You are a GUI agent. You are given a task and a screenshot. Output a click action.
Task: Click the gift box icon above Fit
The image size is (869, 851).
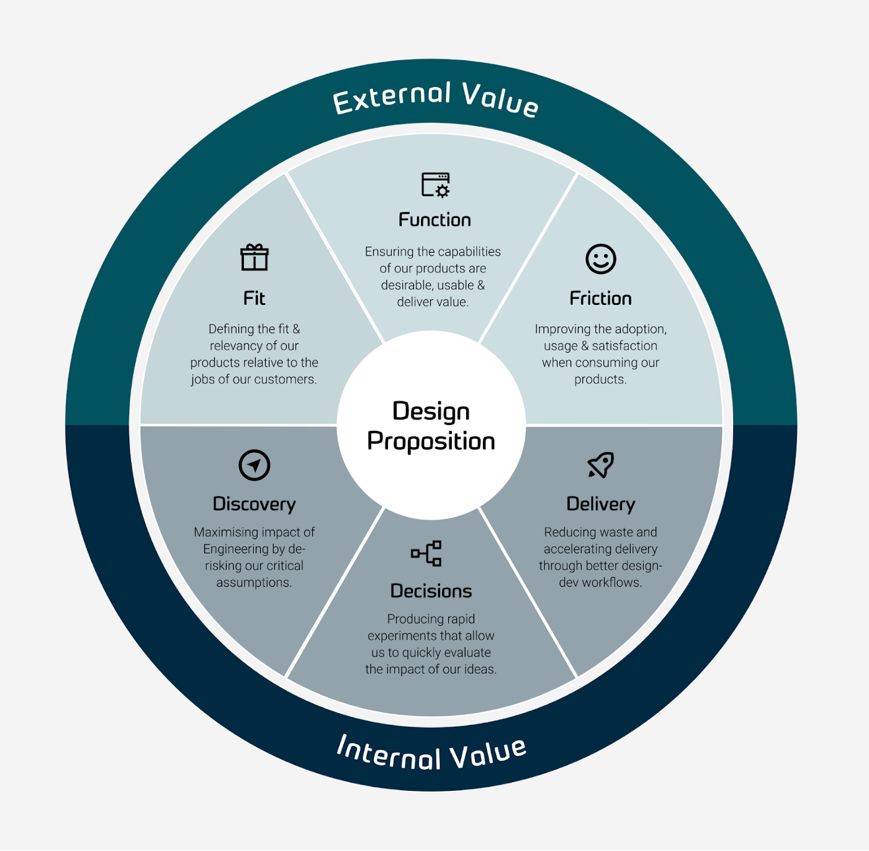[x=254, y=257]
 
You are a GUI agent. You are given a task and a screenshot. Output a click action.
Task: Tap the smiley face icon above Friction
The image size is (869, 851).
[x=601, y=258]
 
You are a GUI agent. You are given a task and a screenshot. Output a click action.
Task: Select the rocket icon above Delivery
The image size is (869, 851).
[x=601, y=465]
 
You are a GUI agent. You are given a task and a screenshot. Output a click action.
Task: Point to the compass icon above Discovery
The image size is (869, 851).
[x=254, y=465]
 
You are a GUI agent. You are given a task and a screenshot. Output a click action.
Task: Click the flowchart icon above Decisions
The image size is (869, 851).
[x=426, y=553]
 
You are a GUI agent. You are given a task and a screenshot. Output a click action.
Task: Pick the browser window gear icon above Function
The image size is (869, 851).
[x=435, y=184]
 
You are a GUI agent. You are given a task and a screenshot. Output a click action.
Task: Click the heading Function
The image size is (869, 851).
[x=434, y=220]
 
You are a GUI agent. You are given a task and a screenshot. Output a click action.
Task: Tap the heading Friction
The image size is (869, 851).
[x=601, y=299]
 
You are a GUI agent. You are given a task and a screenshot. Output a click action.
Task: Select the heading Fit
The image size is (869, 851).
[x=254, y=299]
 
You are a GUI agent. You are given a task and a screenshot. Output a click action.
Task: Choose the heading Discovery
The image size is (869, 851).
[x=254, y=504]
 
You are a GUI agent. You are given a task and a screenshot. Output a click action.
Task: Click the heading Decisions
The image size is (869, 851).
[x=431, y=591]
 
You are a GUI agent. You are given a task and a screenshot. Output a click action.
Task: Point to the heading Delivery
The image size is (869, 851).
[x=601, y=504]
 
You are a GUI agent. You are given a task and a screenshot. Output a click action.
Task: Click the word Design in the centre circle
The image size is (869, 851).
[x=431, y=412]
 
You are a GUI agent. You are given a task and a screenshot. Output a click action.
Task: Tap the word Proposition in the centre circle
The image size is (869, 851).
[x=431, y=442]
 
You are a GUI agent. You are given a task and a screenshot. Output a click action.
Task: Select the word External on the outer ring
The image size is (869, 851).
[x=392, y=99]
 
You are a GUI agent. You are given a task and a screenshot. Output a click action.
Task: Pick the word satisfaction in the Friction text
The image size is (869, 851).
[x=624, y=346]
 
